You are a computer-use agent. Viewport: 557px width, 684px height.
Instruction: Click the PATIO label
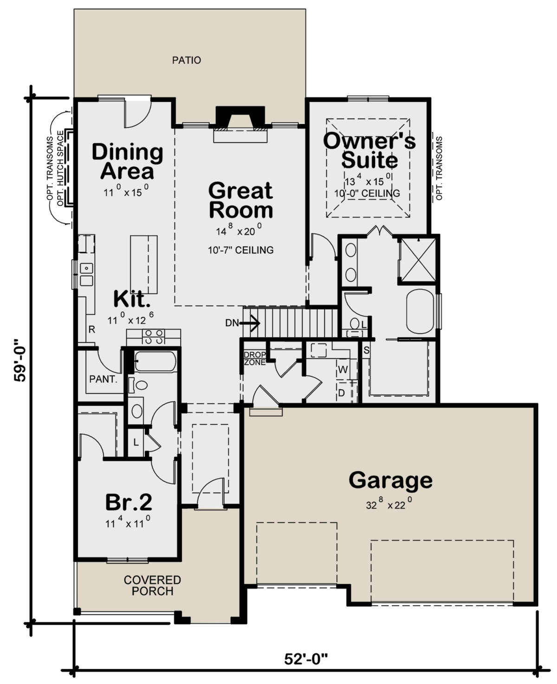coord(187,60)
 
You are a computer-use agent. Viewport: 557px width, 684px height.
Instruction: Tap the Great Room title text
coord(240,200)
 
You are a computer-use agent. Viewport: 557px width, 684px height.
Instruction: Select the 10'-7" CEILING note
coord(240,250)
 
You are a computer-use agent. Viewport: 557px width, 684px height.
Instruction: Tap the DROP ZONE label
coord(255,359)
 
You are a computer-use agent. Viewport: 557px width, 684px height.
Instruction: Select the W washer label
coord(343,370)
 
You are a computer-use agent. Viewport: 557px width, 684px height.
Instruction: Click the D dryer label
coord(342,393)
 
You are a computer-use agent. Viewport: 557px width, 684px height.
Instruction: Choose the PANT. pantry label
coord(103,379)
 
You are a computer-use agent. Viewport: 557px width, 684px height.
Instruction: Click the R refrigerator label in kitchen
coord(92,329)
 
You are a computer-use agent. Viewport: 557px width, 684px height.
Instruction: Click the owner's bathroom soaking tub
coord(421,311)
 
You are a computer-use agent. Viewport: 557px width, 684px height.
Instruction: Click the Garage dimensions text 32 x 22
coord(389,504)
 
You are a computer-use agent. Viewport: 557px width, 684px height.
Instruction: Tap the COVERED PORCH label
coord(152,586)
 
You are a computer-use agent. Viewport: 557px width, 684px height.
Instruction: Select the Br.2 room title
coord(129,501)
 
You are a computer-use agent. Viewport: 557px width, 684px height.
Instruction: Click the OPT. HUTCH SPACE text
coord(60,168)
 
